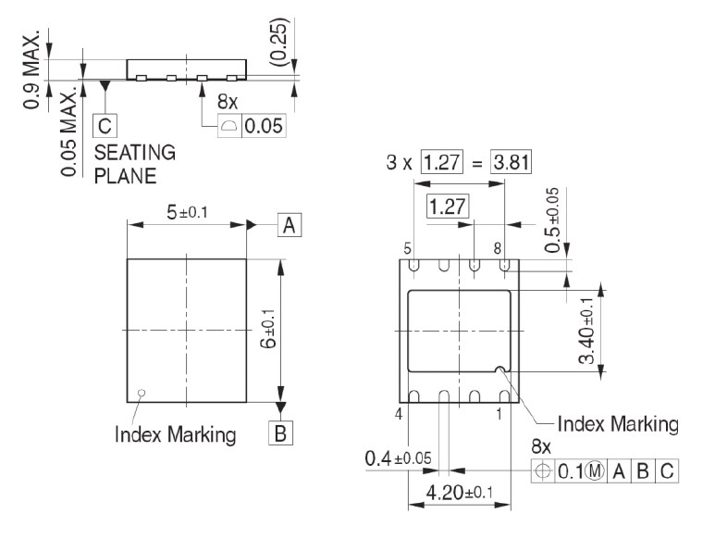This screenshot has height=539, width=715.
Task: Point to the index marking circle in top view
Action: click(142, 392)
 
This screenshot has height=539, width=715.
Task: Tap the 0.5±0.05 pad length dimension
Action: click(553, 221)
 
